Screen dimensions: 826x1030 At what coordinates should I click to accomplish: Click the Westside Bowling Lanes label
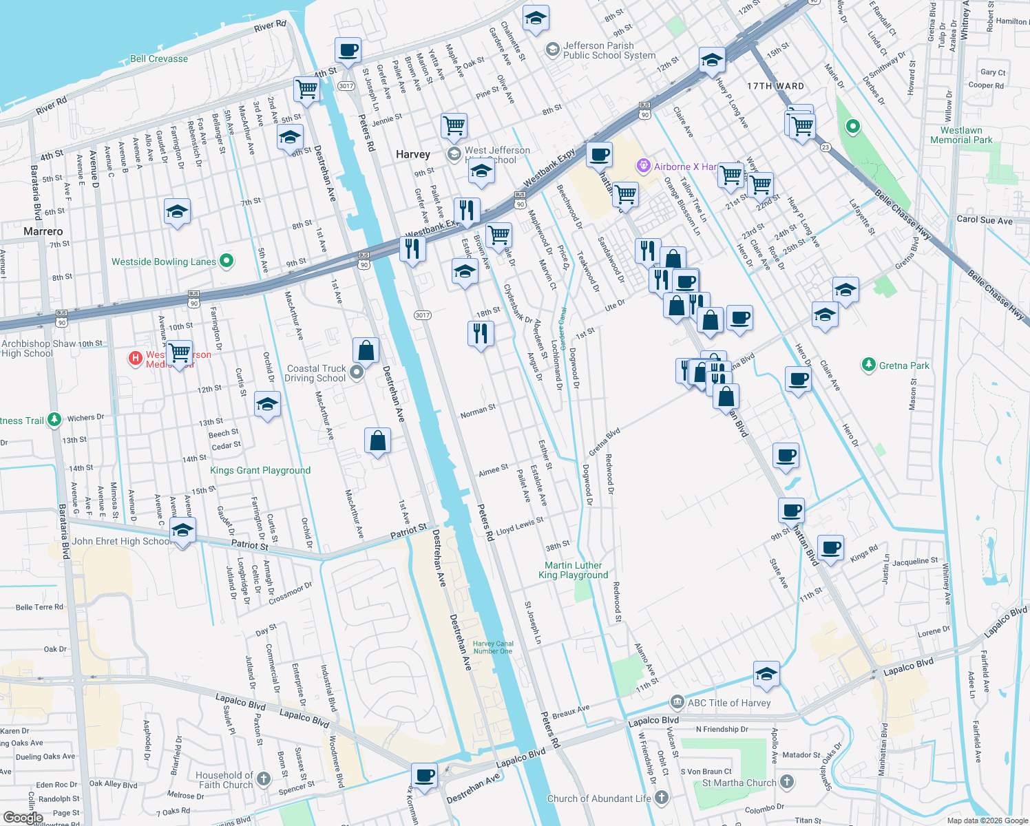pos(164,262)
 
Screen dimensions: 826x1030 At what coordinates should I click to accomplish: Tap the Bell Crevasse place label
pos(159,59)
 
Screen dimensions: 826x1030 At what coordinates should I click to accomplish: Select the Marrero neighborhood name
pos(43,231)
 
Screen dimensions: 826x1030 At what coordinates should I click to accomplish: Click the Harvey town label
pos(413,154)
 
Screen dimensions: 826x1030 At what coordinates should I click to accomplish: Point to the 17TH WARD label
pos(775,86)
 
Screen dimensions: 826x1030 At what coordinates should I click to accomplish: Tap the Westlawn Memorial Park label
pos(961,135)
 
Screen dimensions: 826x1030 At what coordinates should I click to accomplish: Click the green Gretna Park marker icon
pos(869,365)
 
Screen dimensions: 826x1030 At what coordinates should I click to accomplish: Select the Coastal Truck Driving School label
pos(316,373)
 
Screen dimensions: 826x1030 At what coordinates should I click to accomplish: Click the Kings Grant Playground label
pos(260,470)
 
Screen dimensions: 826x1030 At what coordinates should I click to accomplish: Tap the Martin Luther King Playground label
pos(574,570)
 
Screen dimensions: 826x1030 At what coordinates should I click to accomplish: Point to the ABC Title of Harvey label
pos(729,703)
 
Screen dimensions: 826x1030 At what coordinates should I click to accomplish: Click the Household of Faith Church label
pos(225,780)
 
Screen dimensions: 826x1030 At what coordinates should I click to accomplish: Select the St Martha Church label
pos(739,783)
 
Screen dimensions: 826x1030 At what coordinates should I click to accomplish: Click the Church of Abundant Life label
pos(599,798)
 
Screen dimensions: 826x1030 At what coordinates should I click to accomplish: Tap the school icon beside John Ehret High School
pos(182,531)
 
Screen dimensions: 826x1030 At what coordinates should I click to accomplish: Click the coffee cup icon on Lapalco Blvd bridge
pos(425,776)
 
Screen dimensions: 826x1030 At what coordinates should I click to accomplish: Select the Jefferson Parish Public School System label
pos(609,50)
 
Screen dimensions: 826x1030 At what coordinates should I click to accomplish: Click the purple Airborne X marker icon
pos(644,166)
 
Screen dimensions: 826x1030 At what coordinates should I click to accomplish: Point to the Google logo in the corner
pos(23,817)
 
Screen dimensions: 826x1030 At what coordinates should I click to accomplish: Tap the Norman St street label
pos(478,412)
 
